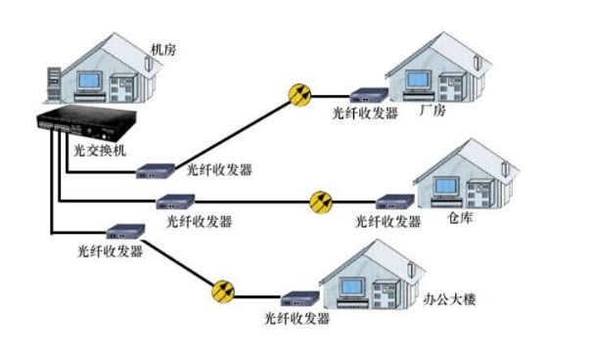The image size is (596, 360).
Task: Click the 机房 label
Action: [x=164, y=48]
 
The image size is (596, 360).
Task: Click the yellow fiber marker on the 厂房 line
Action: [x=298, y=94]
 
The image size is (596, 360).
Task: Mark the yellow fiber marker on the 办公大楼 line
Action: [x=223, y=291]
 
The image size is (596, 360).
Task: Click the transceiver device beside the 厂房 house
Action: [x=366, y=97]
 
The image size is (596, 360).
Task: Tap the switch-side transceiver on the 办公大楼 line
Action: [x=120, y=233]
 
